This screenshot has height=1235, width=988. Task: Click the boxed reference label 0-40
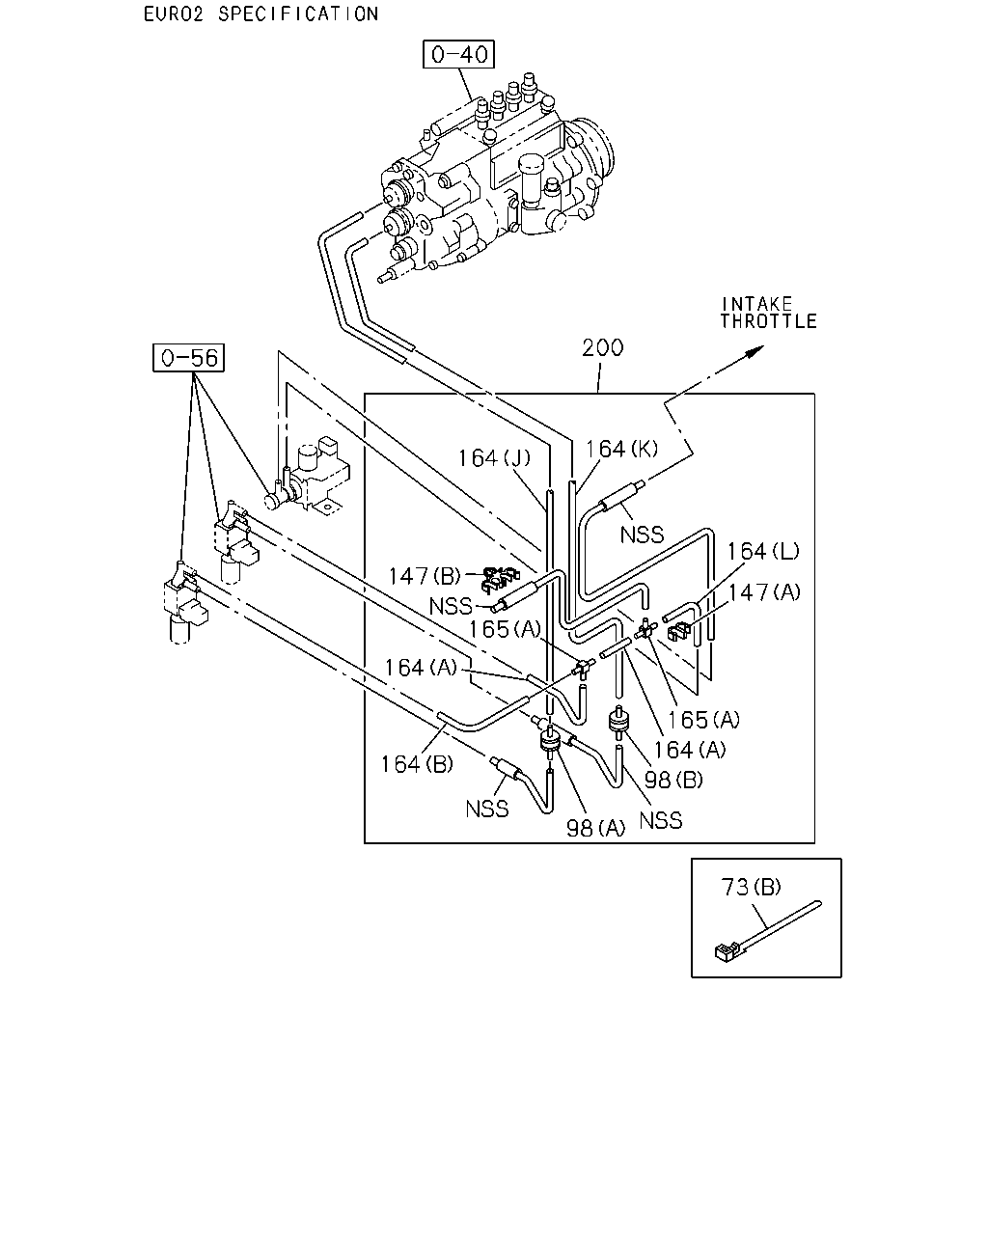(458, 55)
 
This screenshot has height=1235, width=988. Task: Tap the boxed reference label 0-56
(188, 358)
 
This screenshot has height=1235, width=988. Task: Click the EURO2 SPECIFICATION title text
(261, 14)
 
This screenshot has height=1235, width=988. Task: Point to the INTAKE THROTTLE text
(769, 313)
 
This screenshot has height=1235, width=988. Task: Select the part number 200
(602, 347)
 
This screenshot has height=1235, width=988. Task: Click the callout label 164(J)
(494, 458)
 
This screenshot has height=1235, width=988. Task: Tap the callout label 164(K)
(621, 449)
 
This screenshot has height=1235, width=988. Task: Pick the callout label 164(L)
(763, 551)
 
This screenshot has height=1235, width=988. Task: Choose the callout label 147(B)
(425, 576)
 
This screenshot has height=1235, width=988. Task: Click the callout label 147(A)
(764, 591)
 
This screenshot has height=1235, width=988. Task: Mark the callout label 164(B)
(417, 764)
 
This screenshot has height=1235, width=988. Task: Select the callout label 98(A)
(595, 828)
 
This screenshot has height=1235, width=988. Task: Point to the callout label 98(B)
(673, 780)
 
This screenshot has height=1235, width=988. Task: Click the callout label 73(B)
(751, 887)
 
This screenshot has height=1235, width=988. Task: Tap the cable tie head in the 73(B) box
(725, 952)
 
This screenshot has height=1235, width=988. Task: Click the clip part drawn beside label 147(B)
(500, 580)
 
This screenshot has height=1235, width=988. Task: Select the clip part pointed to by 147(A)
(679, 631)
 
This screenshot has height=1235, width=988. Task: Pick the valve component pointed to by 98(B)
(618, 723)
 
